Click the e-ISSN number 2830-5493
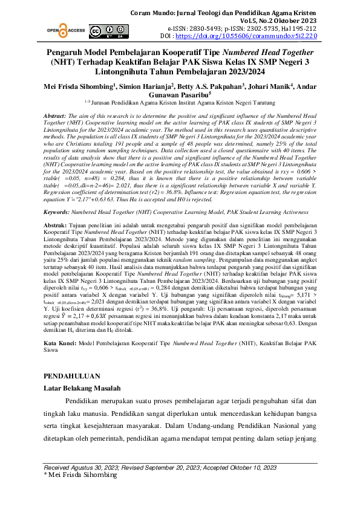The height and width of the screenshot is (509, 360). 212,28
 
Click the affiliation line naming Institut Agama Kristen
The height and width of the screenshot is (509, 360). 180,103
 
